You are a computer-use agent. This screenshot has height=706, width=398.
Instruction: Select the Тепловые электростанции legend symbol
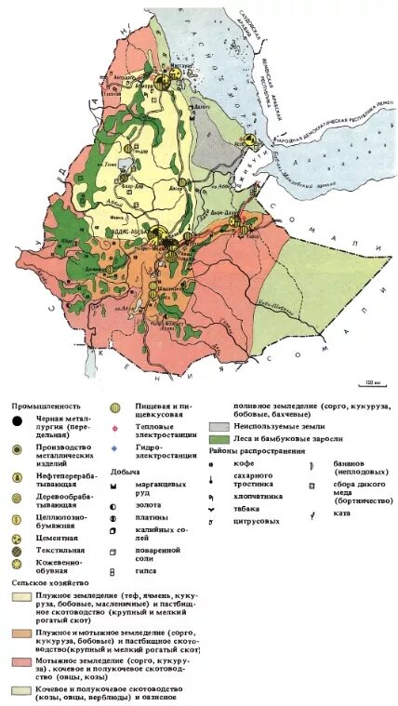(x=116, y=429)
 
